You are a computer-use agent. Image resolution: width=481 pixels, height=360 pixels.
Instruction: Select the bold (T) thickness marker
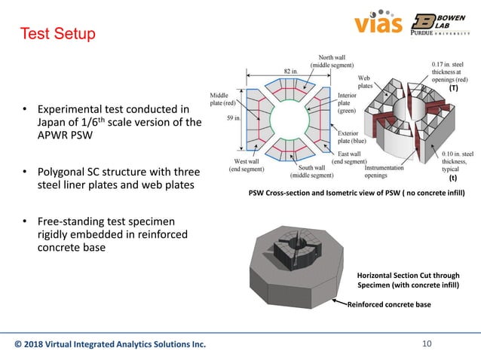click(x=453, y=88)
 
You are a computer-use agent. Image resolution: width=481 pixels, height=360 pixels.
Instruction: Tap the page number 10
click(x=427, y=345)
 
